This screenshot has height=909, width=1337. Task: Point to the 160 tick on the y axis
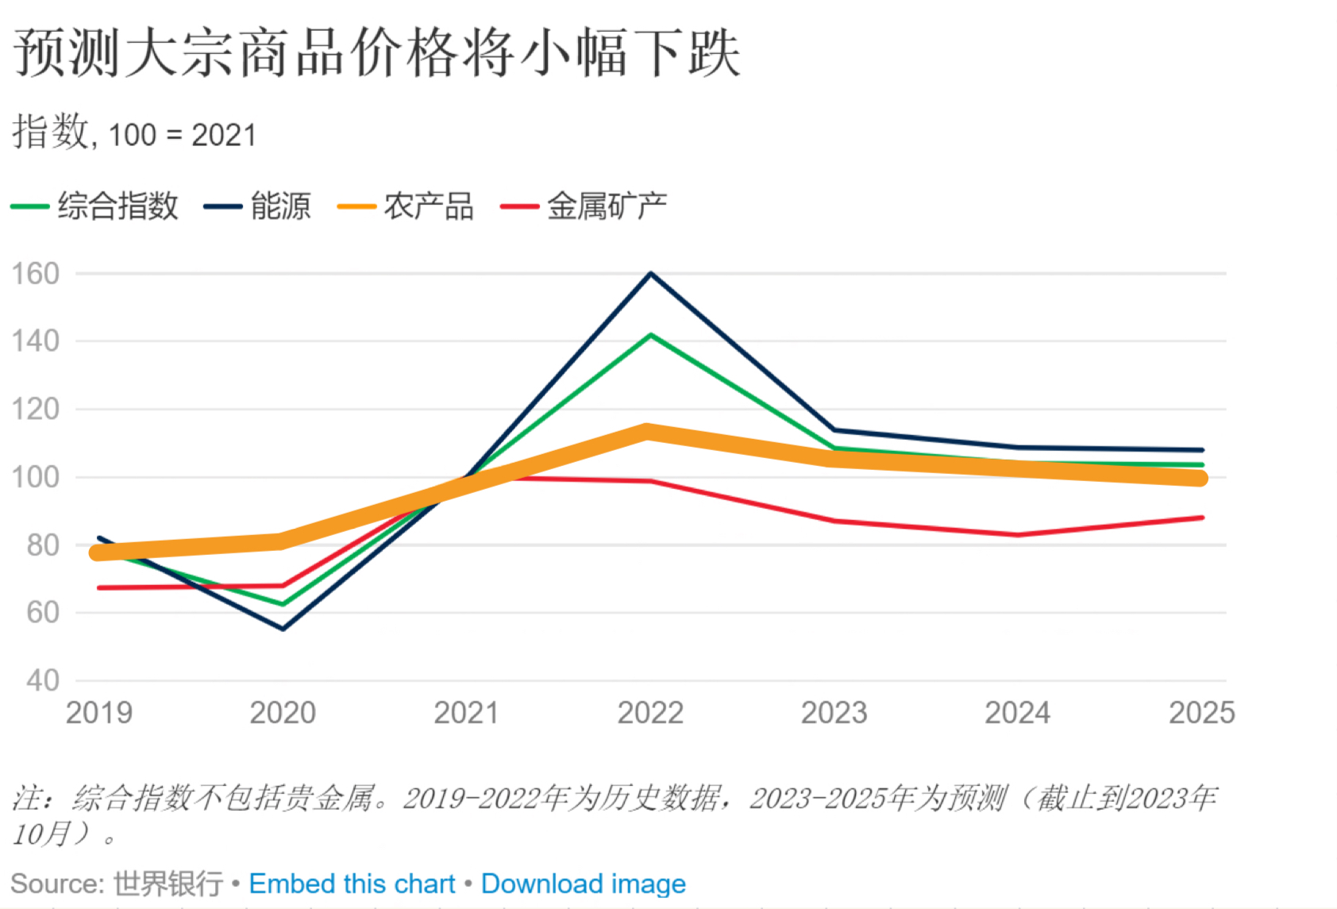tap(36, 274)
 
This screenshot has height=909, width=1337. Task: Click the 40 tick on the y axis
tap(42, 680)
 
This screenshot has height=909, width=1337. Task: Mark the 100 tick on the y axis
tap(36, 477)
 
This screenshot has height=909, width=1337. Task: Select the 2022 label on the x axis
tap(650, 713)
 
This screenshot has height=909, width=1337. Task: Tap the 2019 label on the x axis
tap(99, 713)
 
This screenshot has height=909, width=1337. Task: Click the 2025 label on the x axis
tap(1201, 713)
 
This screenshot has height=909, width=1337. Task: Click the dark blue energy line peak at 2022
tap(651, 274)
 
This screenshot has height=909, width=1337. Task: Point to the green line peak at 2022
tap(651, 335)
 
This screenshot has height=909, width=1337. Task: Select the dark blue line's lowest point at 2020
tap(283, 629)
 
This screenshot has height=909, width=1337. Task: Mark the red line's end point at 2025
tap(1202, 518)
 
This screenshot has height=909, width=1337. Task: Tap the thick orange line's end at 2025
tap(1200, 478)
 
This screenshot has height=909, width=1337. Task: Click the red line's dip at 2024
tap(1018, 534)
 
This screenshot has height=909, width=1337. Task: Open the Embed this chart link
tap(352, 884)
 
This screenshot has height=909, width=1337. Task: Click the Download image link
tap(583, 884)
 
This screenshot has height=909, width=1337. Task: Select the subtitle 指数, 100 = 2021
tap(134, 133)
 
